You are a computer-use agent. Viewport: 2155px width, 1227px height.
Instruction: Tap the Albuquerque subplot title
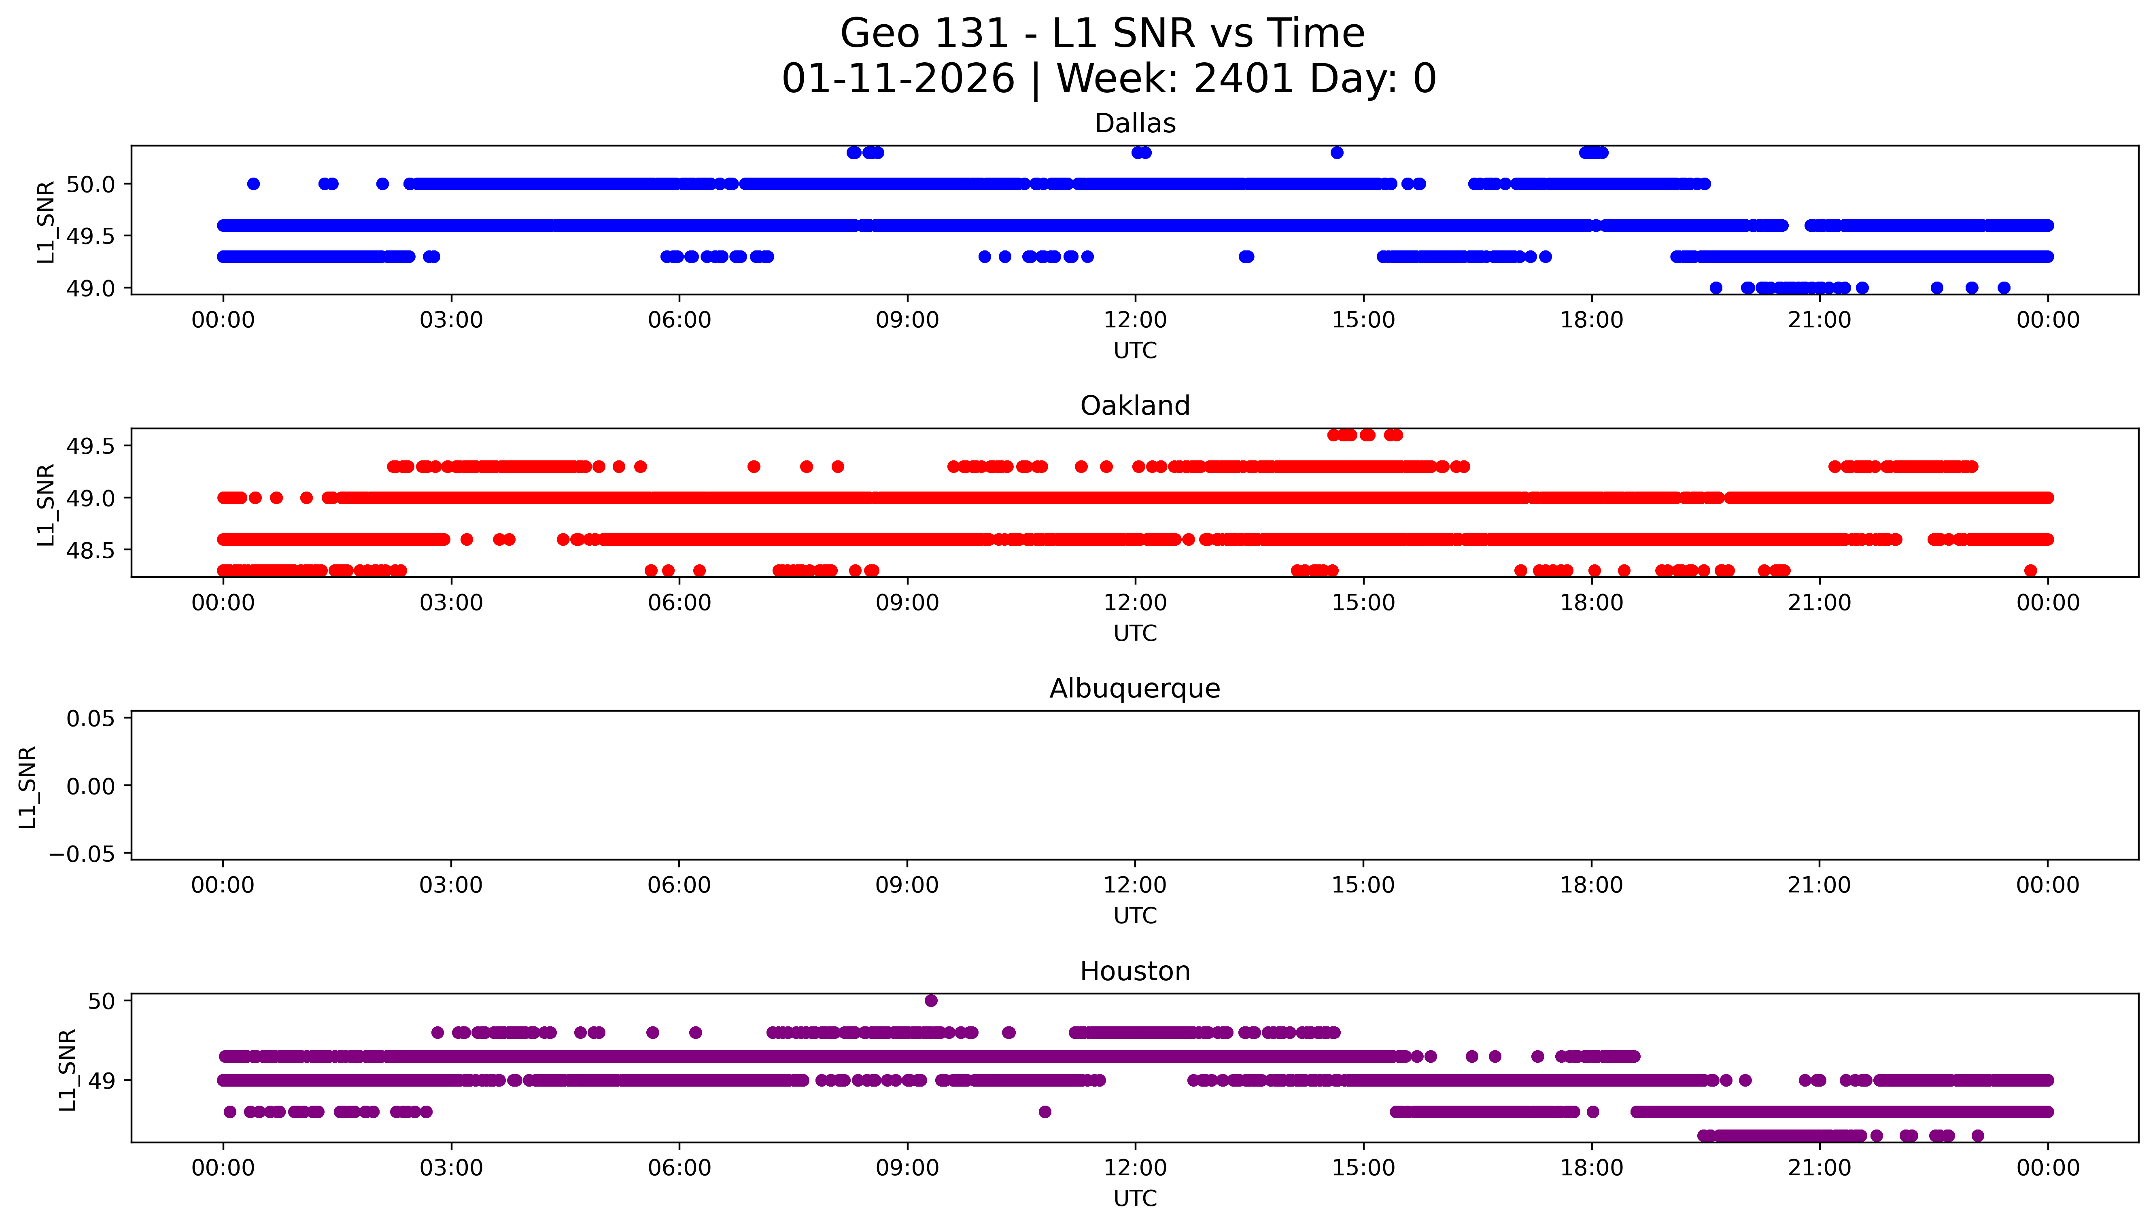pos(1134,689)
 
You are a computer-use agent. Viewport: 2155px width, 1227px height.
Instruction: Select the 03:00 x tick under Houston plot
pos(451,1168)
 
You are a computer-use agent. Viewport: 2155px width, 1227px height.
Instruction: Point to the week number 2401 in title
pos(1243,79)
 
